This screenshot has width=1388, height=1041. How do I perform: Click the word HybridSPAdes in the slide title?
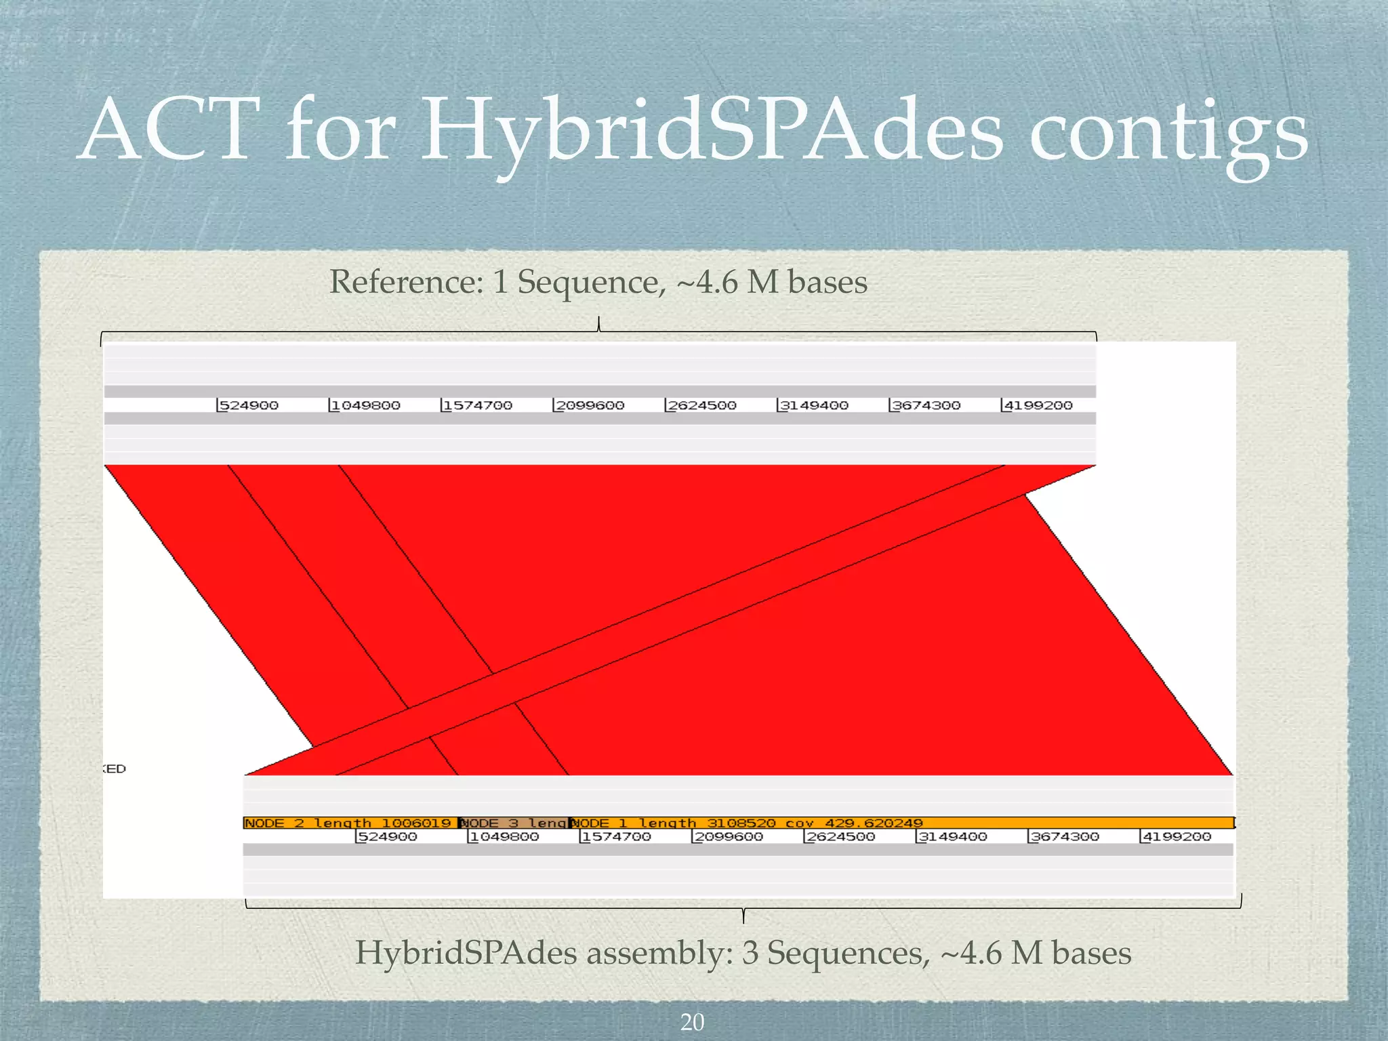coord(712,132)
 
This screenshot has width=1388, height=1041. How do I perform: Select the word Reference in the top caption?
coord(405,282)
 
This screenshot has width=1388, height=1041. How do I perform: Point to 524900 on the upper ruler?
coord(248,405)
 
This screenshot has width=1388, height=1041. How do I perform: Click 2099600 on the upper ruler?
coord(589,405)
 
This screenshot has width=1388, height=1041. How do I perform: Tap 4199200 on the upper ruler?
coord(1038,405)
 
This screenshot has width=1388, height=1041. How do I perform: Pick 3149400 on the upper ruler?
coord(813,405)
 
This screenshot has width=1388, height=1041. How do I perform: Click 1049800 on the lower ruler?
coord(504,837)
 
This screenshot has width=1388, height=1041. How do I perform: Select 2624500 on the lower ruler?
coord(840,837)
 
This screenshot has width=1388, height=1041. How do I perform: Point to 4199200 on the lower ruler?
coord(1177,837)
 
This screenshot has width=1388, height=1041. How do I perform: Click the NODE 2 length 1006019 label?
coord(347,823)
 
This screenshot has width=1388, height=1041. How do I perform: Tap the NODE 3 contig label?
coord(513,823)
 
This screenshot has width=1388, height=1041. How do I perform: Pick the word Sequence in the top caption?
coord(587,282)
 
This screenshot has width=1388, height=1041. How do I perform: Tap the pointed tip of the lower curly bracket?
coord(743,922)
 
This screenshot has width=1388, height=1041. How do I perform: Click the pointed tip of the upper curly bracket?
coord(598,319)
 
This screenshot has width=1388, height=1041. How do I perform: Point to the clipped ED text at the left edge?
coord(116,769)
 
